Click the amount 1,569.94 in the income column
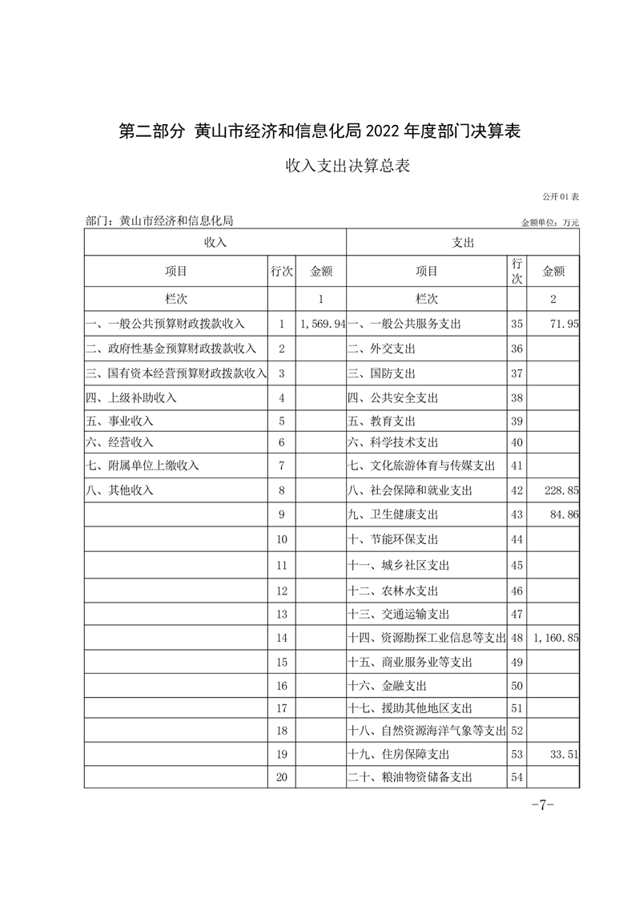coord(323,325)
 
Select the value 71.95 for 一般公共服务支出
coord(564,325)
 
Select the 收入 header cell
coord(215,241)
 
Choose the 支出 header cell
coord(463,241)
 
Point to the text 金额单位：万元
coord(549,223)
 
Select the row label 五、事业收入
coord(119,421)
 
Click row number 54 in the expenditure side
coord(516,777)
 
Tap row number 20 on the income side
coord(281,777)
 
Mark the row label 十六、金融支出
coord(388,686)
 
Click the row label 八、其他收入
coord(119,490)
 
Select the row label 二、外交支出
coord(382,349)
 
